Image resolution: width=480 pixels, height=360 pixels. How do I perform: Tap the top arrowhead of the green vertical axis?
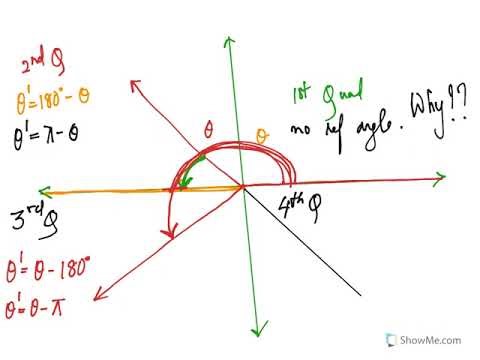(x=231, y=40)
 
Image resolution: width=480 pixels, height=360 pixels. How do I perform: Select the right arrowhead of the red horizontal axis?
(x=441, y=179)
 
